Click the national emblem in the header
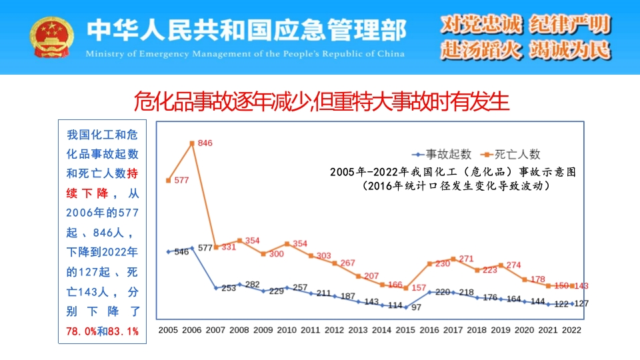coord(47,38)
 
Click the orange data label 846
coord(205,144)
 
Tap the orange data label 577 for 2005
coord(181,180)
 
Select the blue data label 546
coord(181,252)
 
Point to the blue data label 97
coord(416,307)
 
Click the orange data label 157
coord(419,288)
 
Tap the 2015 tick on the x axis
coord(405,330)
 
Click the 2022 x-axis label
coord(572,330)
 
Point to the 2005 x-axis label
coord(168,330)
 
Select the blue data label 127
coord(581,303)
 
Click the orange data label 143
coord(581,286)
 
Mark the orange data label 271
coord(466,259)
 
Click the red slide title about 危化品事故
coord(321,101)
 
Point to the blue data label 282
coord(252,285)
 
